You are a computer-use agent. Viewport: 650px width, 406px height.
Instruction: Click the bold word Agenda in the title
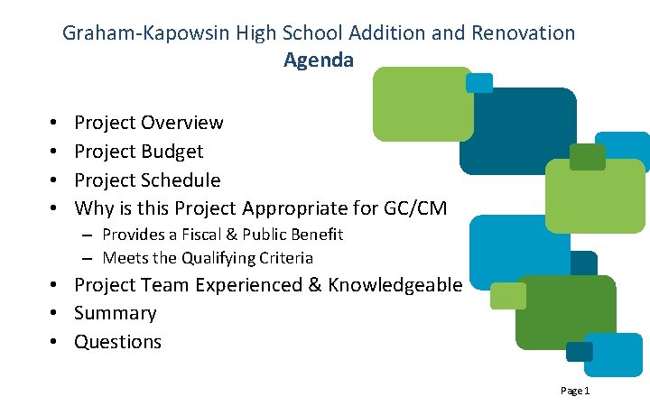319,60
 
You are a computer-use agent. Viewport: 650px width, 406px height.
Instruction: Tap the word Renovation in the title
521,33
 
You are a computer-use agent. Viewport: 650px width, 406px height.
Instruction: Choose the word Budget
172,152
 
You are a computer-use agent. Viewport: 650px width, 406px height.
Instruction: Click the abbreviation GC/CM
414,209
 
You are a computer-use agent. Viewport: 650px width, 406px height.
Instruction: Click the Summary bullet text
115,313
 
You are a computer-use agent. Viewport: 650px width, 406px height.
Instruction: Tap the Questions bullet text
117,342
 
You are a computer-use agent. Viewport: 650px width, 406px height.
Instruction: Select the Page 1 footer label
574,391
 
